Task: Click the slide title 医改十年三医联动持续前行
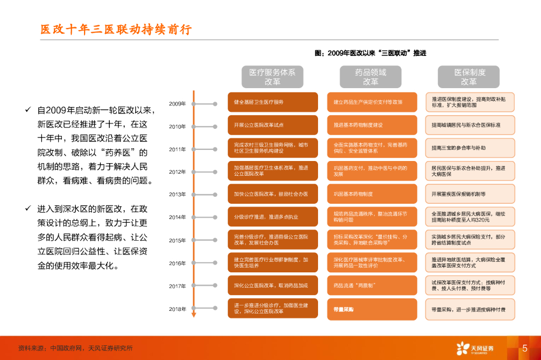[116, 30]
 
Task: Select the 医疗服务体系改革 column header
[272, 77]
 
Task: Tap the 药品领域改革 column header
[370, 77]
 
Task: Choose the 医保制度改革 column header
[469, 77]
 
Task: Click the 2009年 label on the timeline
[178, 104]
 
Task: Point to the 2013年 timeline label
[178, 194]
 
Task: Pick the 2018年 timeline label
[178, 309]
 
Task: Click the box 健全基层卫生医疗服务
[273, 102]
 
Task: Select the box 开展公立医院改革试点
[273, 125]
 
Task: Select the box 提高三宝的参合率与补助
[470, 148]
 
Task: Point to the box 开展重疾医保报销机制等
[470, 194]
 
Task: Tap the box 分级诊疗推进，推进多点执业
[273, 216]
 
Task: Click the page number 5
[525, 348]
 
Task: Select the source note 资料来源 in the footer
[76, 348]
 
